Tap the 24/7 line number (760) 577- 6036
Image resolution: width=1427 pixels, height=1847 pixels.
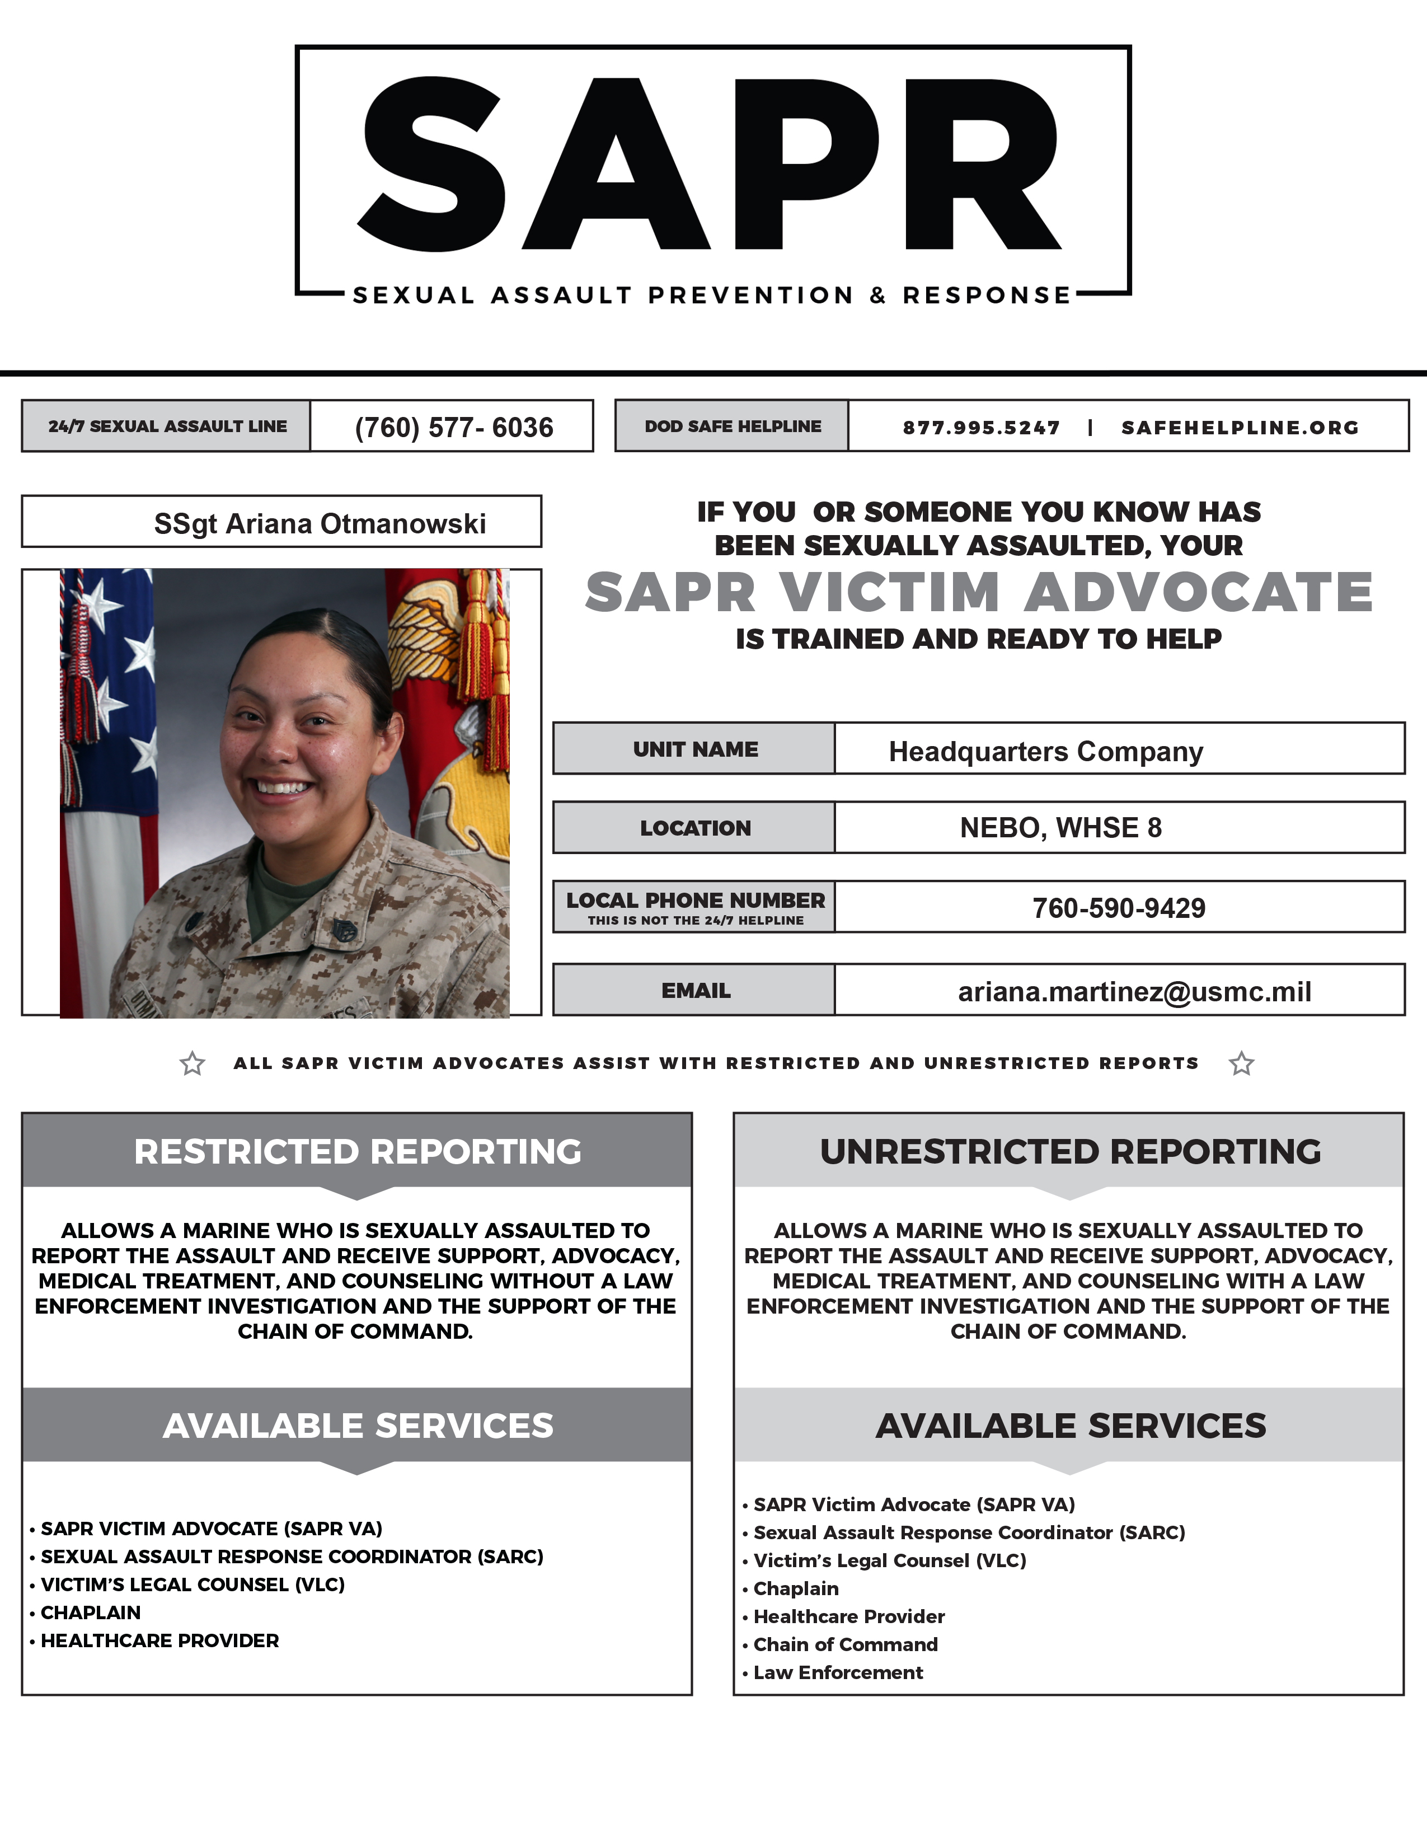click(453, 427)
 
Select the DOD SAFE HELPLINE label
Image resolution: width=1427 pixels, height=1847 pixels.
click(732, 426)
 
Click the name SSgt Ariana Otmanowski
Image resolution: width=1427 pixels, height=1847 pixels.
click(320, 523)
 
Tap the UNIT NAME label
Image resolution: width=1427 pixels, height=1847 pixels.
click(695, 749)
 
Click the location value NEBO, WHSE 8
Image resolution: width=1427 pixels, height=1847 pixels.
click(1060, 827)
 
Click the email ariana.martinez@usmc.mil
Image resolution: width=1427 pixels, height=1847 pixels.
click(1134, 991)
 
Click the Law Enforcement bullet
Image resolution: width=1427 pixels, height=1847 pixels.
click(837, 1672)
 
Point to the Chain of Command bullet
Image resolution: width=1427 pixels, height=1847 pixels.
click(844, 1644)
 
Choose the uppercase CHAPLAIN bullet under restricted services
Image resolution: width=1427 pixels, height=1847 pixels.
click(91, 1612)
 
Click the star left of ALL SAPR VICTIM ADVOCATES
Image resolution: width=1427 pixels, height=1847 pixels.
click(193, 1063)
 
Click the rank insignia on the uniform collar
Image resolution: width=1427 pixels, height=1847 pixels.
click(343, 927)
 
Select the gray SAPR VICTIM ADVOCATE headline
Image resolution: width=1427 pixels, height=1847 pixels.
click(978, 592)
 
